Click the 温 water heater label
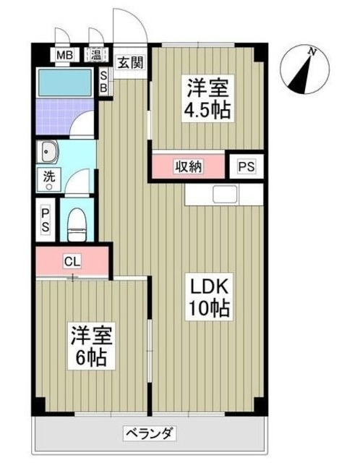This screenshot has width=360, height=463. pos(95,55)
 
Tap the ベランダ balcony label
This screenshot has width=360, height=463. pos(150,435)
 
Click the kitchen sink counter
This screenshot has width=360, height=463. pos(223,194)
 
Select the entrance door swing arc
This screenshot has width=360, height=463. pos(130,25)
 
